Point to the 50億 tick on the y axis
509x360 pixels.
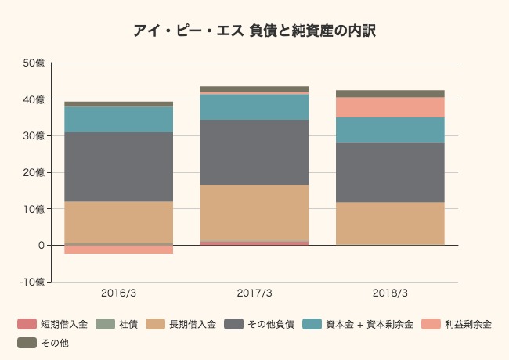tap(34, 63)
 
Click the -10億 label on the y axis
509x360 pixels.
tap(33, 282)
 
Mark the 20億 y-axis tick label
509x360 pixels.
tap(34, 172)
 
